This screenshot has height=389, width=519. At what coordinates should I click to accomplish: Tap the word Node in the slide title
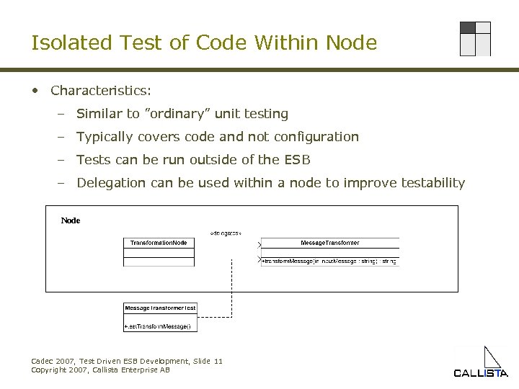pos(351,43)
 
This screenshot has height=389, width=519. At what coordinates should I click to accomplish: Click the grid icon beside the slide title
pos(475,39)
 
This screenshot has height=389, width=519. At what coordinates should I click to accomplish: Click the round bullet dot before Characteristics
pos(35,91)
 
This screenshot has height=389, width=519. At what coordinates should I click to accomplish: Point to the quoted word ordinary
pos(177,114)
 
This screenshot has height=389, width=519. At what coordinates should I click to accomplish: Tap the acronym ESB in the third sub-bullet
pos(297,160)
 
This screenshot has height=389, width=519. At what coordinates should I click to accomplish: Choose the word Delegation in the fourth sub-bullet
pos(111,183)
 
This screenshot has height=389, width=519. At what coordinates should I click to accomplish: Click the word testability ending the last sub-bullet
pos(430,183)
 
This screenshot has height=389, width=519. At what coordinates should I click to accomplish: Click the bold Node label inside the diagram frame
pos(71,220)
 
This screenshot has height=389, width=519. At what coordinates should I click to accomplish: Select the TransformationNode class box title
pos(159,243)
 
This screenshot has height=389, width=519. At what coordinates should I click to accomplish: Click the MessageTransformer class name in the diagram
pos(329,243)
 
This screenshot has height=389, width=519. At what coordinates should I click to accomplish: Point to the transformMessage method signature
pos(329,261)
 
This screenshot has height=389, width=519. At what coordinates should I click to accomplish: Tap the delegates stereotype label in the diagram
pos(225,233)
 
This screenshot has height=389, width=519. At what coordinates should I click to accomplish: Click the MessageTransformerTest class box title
pos(160,308)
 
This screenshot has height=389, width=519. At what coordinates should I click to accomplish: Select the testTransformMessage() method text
pos(158,326)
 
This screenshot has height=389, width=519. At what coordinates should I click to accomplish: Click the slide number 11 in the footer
pos(218,361)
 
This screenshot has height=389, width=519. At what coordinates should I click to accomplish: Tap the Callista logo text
pos(481,372)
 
